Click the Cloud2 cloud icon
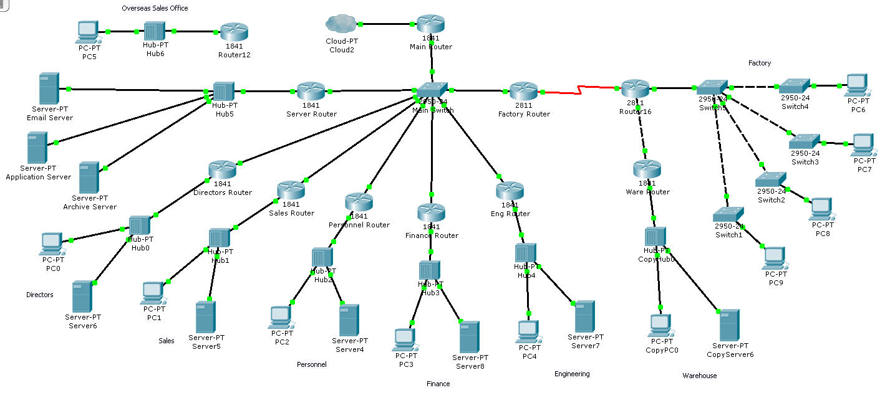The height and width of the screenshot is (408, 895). tap(340, 24)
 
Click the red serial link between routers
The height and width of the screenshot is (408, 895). tap(580, 90)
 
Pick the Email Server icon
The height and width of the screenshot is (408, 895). tap(49, 88)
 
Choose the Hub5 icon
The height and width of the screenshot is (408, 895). tap(223, 92)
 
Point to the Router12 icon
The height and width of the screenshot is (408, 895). tap(235, 31)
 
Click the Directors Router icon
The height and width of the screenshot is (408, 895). tap(223, 169)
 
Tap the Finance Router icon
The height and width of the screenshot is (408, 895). tap(431, 212)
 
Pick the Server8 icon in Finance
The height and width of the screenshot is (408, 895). tap(469, 337)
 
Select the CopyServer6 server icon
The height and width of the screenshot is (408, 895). tap(729, 325)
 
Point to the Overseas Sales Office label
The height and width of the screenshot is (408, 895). tap(155, 8)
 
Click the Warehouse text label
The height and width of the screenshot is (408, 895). tap(699, 376)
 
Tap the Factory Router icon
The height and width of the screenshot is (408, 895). tap(523, 91)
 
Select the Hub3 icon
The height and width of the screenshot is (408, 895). tap(430, 270)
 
